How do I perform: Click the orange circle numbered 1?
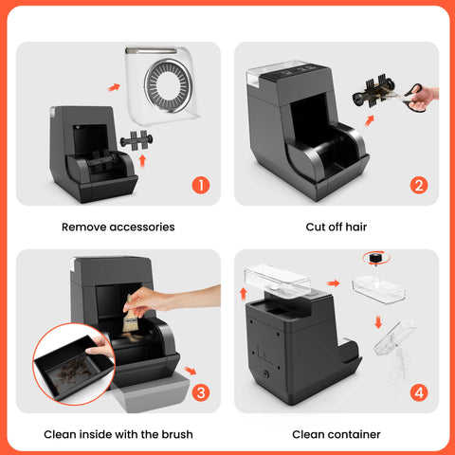click(x=200, y=184)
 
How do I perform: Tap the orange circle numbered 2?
click(x=418, y=184)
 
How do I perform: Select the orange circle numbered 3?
click(x=200, y=391)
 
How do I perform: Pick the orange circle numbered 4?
click(x=418, y=391)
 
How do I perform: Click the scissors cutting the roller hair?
click(x=417, y=95)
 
